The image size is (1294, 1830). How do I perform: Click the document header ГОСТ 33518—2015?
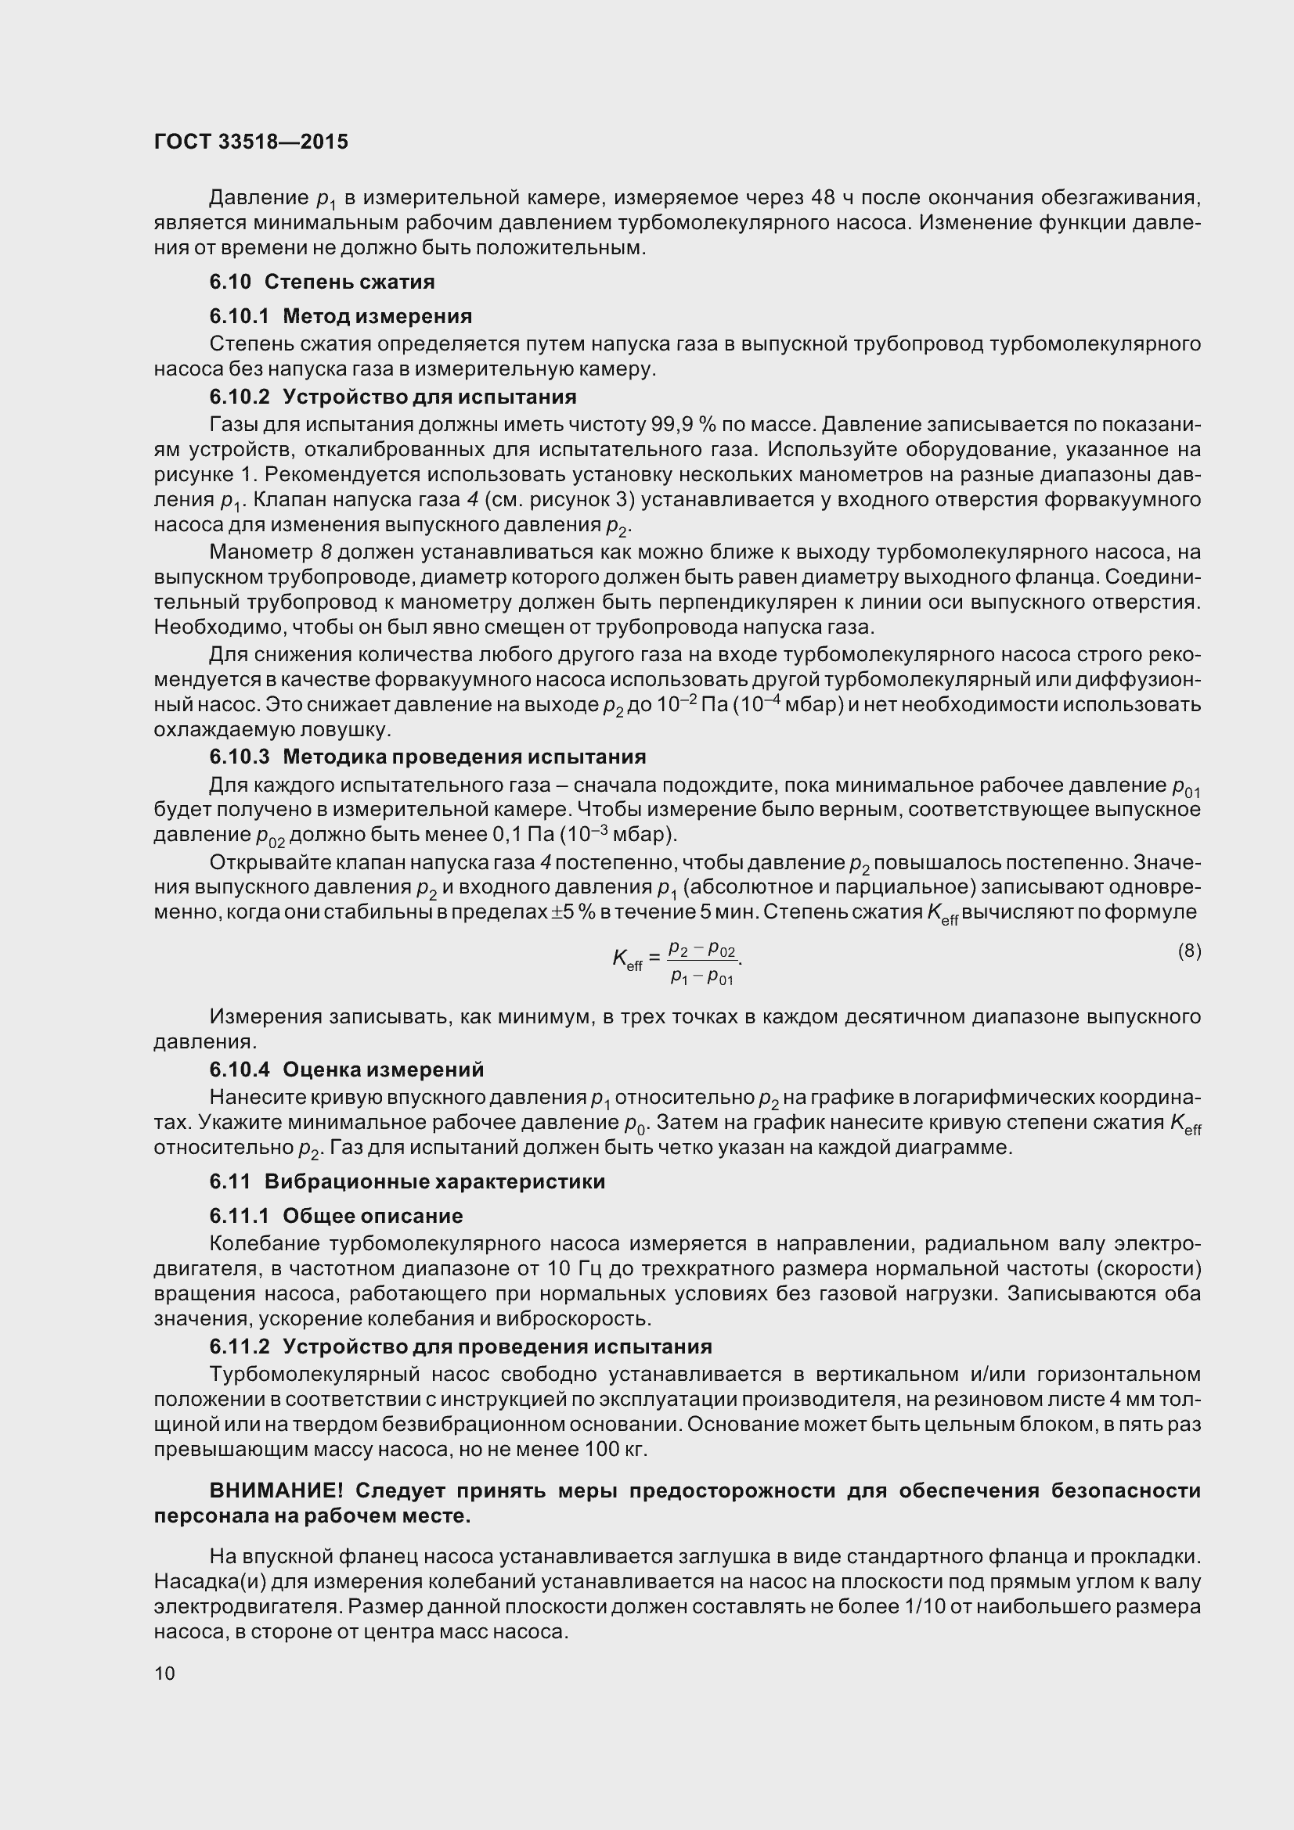(x=251, y=142)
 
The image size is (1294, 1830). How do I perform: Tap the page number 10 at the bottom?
(x=164, y=1673)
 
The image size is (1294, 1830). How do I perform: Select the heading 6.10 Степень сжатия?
(x=321, y=282)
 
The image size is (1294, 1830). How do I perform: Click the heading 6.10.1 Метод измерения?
(x=341, y=316)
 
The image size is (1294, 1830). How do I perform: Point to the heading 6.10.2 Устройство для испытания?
(x=392, y=396)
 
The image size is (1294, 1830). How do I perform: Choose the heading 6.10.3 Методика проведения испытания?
(x=427, y=757)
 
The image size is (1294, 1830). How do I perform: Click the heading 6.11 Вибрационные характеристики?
(x=406, y=1181)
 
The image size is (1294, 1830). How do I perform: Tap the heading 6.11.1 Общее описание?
(x=336, y=1216)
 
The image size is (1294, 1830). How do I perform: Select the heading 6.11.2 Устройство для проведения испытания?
(x=460, y=1346)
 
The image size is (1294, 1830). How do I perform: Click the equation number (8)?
(x=1189, y=951)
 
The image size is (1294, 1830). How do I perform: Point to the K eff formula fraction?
(x=701, y=963)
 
